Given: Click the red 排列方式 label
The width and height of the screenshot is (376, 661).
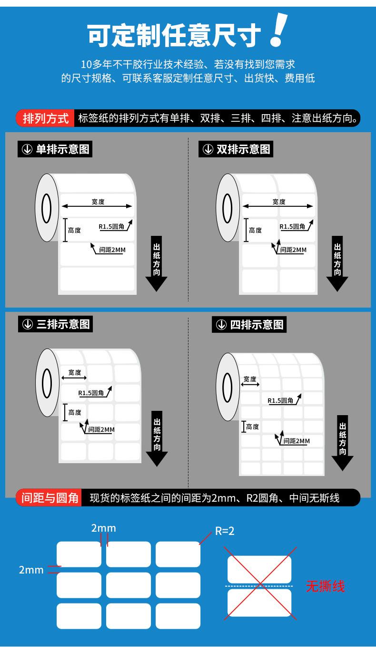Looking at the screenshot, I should coord(46,118).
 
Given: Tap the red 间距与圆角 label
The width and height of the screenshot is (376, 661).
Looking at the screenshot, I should coord(50,498).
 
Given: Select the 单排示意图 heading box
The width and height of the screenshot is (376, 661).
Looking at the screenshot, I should coord(54,149).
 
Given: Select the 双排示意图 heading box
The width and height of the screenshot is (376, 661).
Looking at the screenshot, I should coord(236,149).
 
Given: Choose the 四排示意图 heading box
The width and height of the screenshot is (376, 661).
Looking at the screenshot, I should coord(250,325).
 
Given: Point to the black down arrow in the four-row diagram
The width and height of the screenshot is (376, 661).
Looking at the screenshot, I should coord(342,442).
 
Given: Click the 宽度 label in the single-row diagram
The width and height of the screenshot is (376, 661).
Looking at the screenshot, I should coord(98,202).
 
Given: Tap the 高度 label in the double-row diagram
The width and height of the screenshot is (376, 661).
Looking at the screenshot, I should coord(255,230).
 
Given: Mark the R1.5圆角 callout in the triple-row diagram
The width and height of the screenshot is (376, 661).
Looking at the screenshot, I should coord(91,393).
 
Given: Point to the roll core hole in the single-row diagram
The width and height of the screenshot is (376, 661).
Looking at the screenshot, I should coord(47,208).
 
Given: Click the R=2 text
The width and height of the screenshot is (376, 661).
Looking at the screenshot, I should coord(225,531).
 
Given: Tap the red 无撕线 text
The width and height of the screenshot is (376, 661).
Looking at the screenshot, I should coord(325,586).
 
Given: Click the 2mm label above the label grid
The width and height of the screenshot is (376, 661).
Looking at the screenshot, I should coord(104,528).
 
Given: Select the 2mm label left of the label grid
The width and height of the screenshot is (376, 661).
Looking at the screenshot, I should coord(31,569).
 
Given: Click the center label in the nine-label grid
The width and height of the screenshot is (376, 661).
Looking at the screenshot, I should coord(129,585).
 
